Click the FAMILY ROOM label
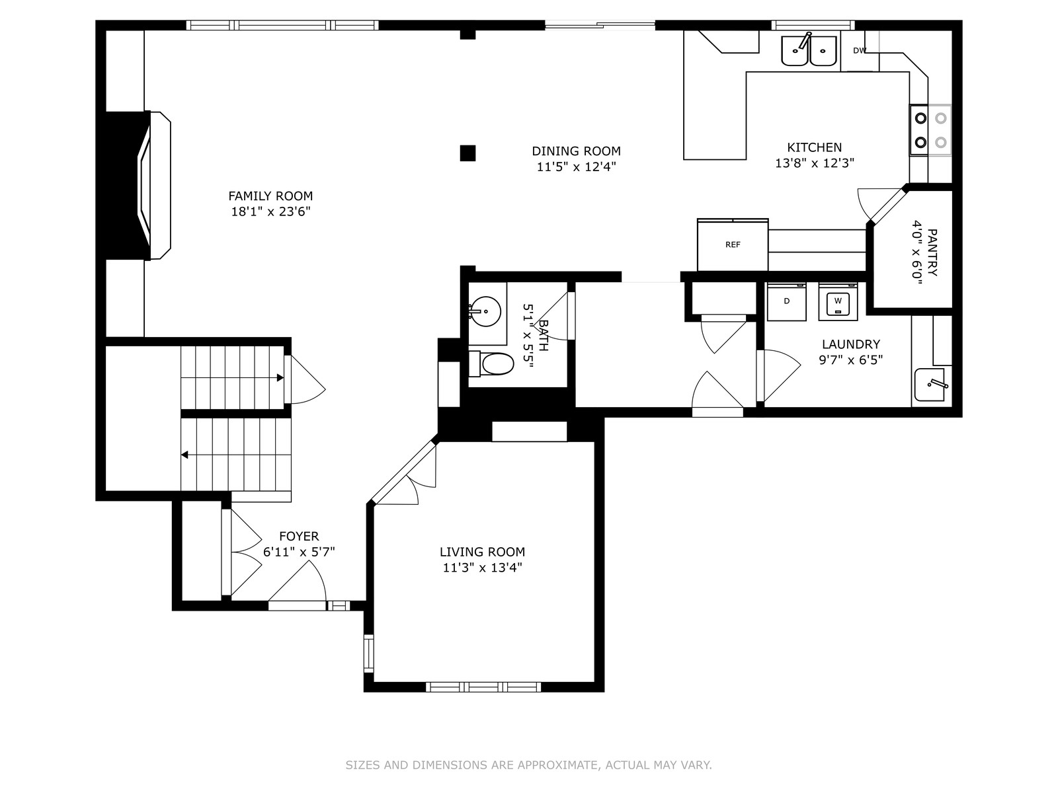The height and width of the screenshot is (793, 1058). (270, 196)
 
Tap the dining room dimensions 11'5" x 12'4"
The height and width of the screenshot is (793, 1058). (576, 167)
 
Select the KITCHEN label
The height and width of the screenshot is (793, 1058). (814, 147)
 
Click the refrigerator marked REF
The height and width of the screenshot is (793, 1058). (732, 245)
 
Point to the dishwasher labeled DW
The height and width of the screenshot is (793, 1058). (860, 51)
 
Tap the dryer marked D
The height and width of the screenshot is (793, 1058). (786, 301)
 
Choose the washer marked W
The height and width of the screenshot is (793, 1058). (838, 301)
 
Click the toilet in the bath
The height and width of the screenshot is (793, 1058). (491, 364)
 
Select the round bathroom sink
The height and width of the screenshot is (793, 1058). (485, 311)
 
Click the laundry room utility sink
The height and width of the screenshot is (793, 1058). (929, 385)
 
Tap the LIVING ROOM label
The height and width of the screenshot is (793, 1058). (482, 552)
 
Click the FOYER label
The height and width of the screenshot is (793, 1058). (299, 536)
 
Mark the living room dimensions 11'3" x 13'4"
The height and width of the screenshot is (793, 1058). (482, 568)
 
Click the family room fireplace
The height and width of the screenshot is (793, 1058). (138, 186)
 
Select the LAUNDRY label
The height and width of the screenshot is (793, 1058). (851, 344)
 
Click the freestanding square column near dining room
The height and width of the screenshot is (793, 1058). (468, 153)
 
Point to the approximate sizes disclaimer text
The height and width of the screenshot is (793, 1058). (528, 765)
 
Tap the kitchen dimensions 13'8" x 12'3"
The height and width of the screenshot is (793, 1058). (814, 163)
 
